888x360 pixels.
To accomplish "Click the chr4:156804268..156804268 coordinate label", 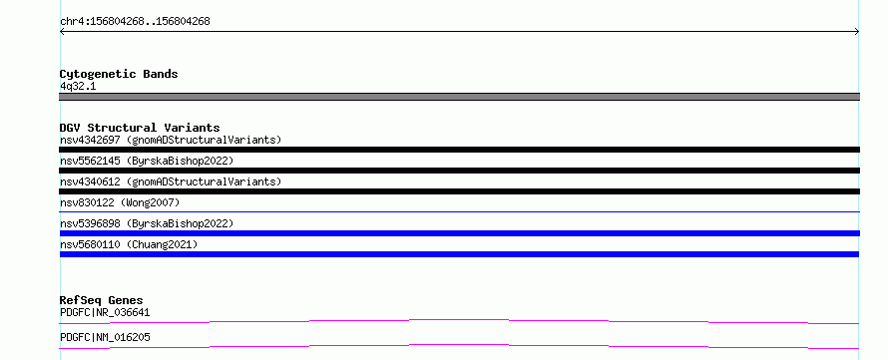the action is (x=135, y=22).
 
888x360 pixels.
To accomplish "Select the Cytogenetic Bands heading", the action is (x=119, y=74).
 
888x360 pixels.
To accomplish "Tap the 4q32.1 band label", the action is (x=78, y=87).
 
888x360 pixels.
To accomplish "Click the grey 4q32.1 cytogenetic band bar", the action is (x=459, y=97).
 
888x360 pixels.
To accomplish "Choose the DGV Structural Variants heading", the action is (x=140, y=128).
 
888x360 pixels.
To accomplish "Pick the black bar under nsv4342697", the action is (x=459, y=150).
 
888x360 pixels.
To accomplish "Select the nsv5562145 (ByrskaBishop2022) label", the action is (x=147, y=161).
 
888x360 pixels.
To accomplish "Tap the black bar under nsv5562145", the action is (x=459, y=171).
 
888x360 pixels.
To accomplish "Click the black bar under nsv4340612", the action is (x=459, y=191).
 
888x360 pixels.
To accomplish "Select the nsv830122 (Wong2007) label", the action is (x=120, y=202).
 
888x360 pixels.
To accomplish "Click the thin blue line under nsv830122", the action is (x=459, y=211).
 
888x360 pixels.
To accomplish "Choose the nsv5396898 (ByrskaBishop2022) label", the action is (x=147, y=223).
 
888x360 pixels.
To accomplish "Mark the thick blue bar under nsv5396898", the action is (x=459, y=233).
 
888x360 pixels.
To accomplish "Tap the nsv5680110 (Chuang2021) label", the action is (x=129, y=244).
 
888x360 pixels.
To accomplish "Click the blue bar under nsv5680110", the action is (x=459, y=254).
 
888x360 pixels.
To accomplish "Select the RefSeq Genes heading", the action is (x=102, y=300).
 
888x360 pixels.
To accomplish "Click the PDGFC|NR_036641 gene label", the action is (x=105, y=312).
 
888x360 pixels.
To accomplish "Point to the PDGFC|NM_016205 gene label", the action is (x=105, y=337).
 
